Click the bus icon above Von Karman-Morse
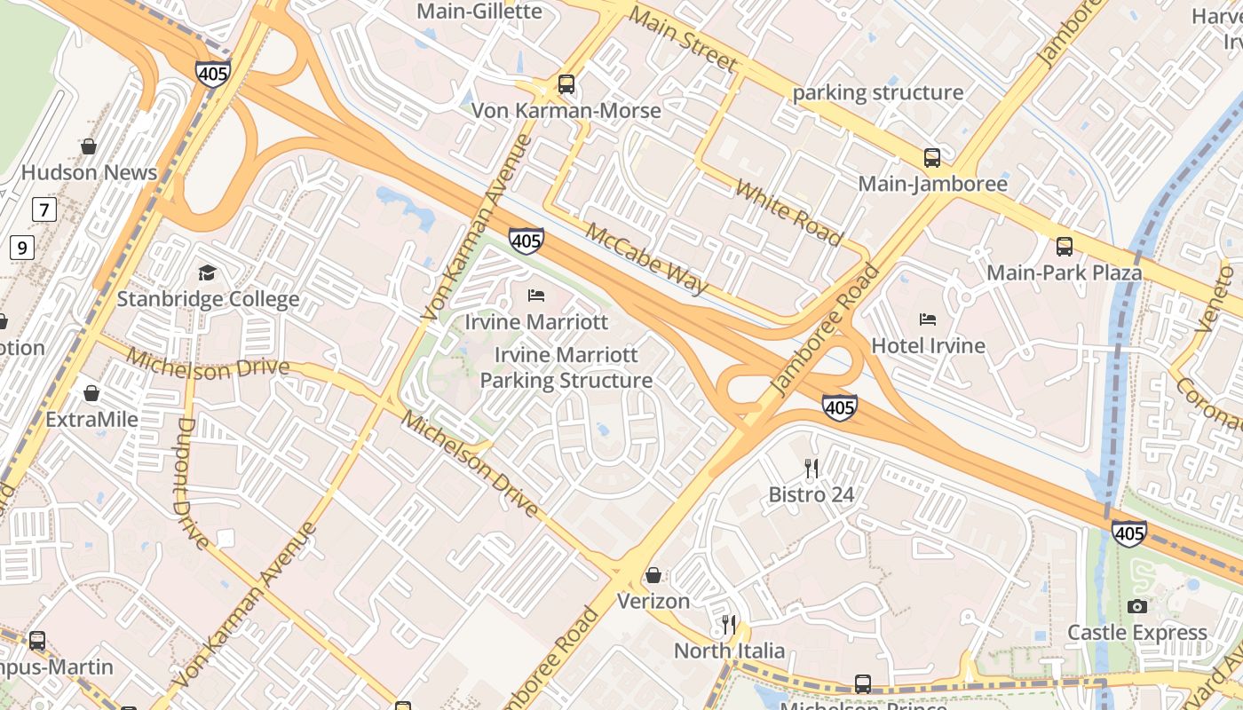tap(566, 84)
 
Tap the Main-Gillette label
tap(479, 12)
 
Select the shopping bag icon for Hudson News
tap(89, 146)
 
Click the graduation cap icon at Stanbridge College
tap(207, 272)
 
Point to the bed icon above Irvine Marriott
tap(536, 296)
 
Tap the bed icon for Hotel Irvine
tap(928, 319)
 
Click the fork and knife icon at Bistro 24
tap(811, 469)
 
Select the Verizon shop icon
tap(653, 575)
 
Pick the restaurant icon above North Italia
tap(729, 625)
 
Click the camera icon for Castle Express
tap(1136, 606)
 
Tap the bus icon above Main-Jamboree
tap(932, 158)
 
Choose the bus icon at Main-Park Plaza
tap(1064, 246)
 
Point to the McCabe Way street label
tap(647, 257)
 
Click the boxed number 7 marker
tap(44, 209)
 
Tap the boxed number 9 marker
tap(22, 247)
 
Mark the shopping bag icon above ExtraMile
tap(91, 392)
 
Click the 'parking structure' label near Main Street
tap(877, 92)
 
